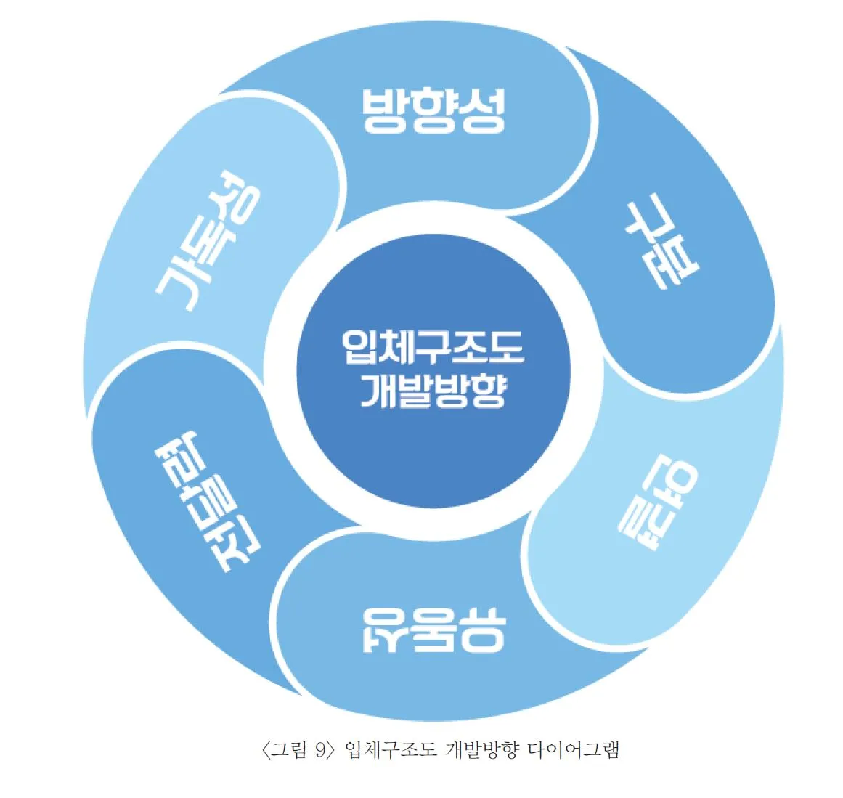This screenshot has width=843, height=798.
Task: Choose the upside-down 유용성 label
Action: [433, 629]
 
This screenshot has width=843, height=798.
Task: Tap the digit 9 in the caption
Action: [321, 750]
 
